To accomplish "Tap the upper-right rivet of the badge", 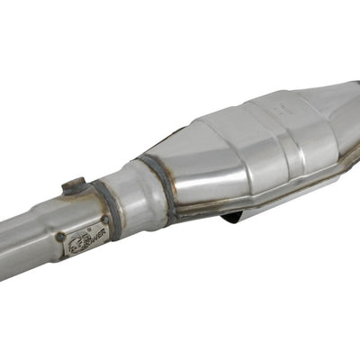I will tap(104, 219).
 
